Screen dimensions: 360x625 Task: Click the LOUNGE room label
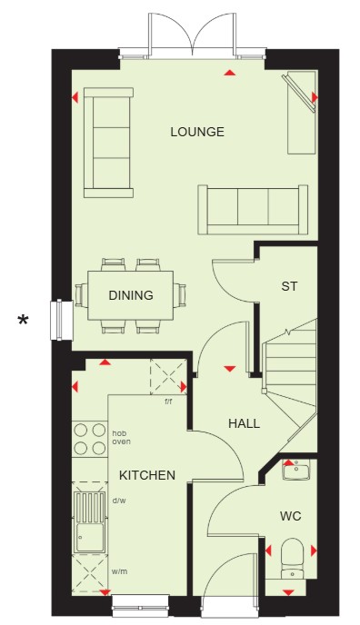[x=197, y=132]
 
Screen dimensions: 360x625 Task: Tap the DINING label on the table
[x=131, y=295]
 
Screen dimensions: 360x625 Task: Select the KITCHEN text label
[x=147, y=475]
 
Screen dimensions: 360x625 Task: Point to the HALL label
[x=244, y=423]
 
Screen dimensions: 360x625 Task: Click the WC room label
[x=290, y=516]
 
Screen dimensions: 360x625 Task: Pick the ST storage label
[x=289, y=286]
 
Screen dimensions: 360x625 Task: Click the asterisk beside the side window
[x=24, y=320]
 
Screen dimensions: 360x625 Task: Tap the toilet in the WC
[x=292, y=558]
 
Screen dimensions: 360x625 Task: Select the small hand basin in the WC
[x=296, y=470]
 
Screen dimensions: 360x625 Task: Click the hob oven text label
[x=121, y=438]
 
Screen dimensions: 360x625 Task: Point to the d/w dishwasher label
[x=119, y=501]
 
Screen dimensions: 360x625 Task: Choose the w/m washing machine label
[x=120, y=571]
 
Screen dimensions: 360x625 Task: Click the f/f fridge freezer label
[x=169, y=402]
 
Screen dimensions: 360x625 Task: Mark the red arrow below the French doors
[x=229, y=73]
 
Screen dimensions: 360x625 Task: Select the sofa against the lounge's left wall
[x=108, y=143]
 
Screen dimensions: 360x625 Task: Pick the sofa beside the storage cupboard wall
[x=253, y=210]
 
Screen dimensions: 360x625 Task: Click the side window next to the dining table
[x=61, y=320]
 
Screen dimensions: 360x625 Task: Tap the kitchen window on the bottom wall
[x=140, y=603]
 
